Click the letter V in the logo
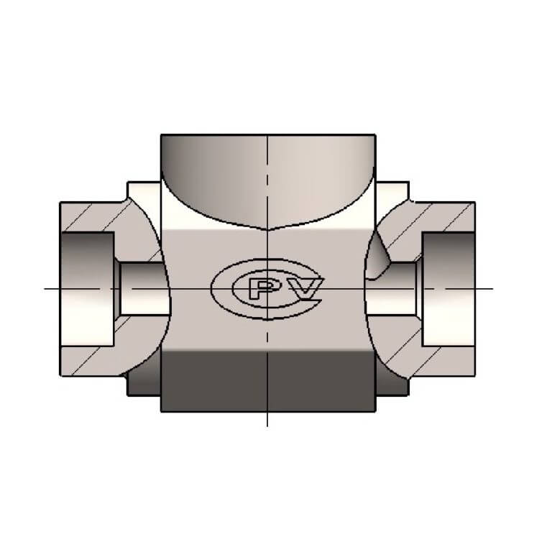306,288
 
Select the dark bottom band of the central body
268,382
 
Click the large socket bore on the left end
88,289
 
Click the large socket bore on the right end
448,289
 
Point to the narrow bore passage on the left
142,289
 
